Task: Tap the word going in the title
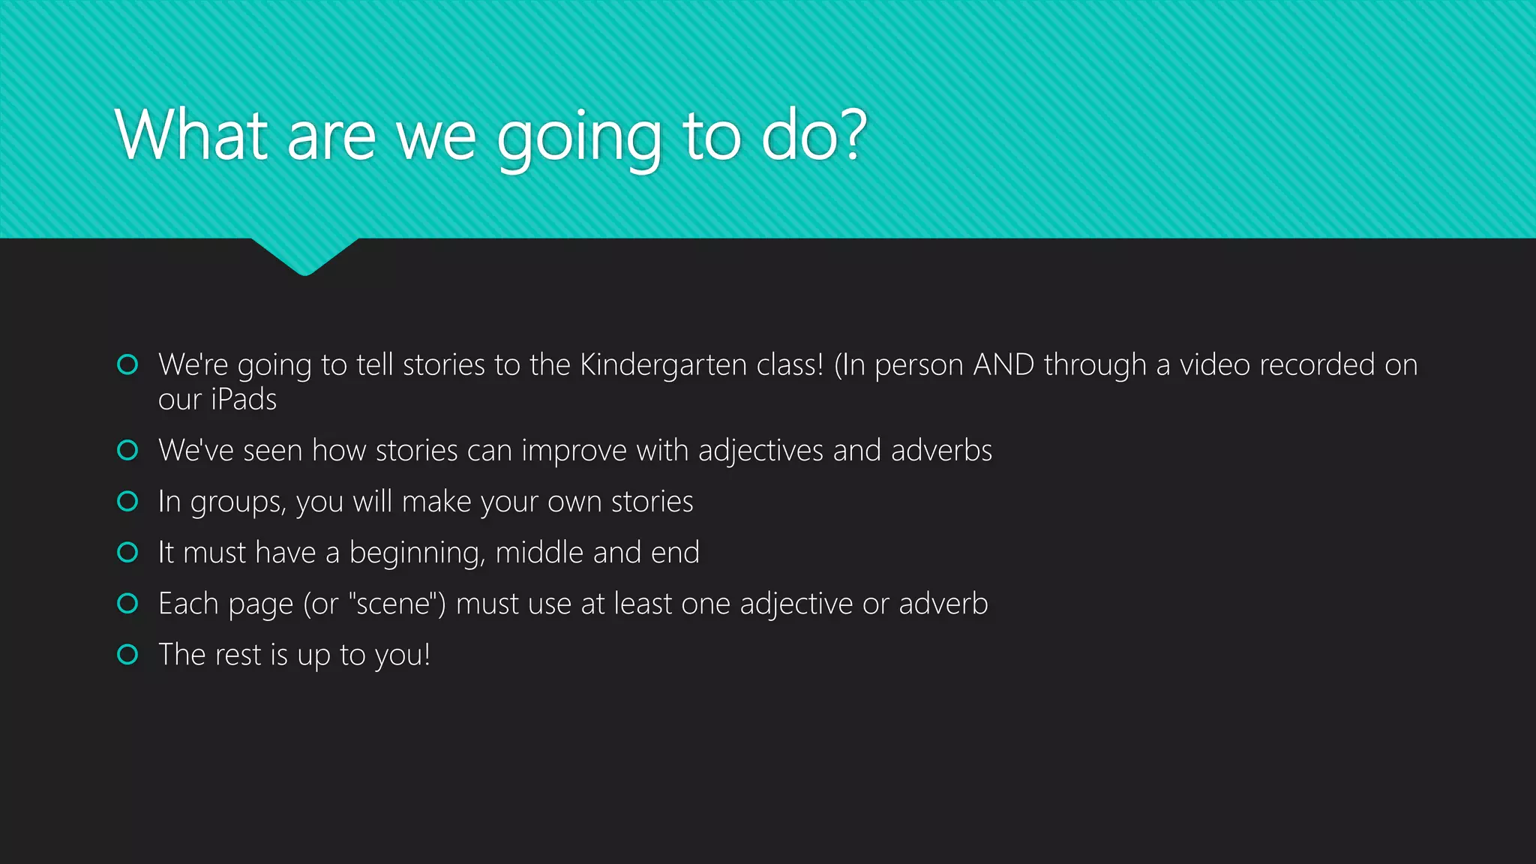pyautogui.click(x=579, y=139)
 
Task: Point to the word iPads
pyautogui.click(x=244, y=400)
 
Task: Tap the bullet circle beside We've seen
pyautogui.click(x=128, y=450)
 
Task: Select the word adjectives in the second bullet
pyautogui.click(x=760, y=451)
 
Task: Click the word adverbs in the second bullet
pyautogui.click(x=941, y=451)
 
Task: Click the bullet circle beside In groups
pyautogui.click(x=128, y=501)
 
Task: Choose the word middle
pyautogui.click(x=539, y=553)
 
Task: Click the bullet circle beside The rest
pyautogui.click(x=128, y=655)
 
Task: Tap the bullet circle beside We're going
pyautogui.click(x=128, y=364)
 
